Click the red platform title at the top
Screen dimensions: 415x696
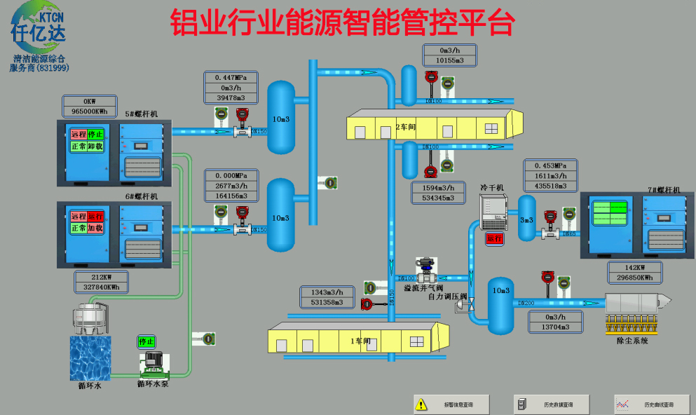click(x=343, y=22)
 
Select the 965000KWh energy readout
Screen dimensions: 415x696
click(x=89, y=111)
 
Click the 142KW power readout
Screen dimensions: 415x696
click(x=633, y=267)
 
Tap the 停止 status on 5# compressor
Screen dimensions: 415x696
click(x=96, y=134)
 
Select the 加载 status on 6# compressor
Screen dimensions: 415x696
click(x=96, y=229)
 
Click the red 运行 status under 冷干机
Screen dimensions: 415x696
click(x=495, y=238)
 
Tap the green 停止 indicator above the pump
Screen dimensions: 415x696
click(x=146, y=341)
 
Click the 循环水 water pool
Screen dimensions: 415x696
click(x=90, y=357)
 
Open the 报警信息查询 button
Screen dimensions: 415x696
click(x=450, y=404)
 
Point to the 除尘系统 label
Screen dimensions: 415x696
click(x=632, y=341)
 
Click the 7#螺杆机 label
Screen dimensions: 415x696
click(x=664, y=190)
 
